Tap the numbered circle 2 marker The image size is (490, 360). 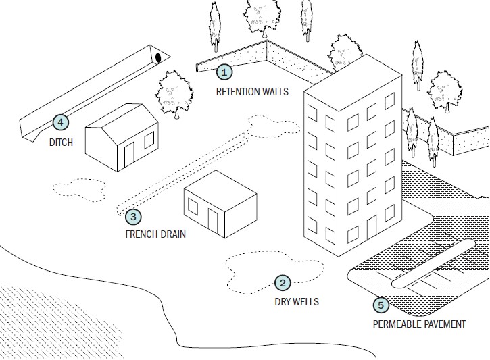tap(283, 284)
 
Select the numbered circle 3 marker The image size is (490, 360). tap(133, 217)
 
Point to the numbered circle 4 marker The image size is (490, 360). tap(60, 122)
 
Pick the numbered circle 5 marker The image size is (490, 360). tap(381, 305)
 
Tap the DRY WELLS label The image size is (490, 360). tap(296, 302)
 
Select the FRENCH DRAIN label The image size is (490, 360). tap(155, 235)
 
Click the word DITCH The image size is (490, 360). tap(61, 143)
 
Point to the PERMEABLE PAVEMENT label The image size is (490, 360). tap(419, 324)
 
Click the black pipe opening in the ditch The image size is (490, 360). tap(158, 57)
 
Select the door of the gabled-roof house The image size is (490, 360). tap(129, 157)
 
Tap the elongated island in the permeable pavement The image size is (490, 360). tap(429, 270)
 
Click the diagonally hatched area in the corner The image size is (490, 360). tap(41, 317)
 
